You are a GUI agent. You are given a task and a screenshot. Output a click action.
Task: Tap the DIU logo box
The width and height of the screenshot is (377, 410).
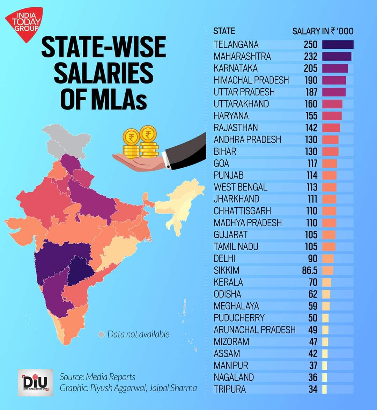35,382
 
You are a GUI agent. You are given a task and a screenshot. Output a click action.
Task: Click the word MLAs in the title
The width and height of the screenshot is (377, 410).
103,99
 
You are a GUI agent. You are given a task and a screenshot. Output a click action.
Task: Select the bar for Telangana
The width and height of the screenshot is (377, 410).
338,44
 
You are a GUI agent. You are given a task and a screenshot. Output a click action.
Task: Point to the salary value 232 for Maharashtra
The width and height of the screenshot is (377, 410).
310,56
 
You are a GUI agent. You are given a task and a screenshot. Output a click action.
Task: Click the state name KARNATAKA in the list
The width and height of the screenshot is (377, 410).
235,68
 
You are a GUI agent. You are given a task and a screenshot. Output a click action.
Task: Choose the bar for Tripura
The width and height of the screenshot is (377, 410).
324,389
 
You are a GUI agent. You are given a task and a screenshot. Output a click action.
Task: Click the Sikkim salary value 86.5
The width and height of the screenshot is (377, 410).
309,270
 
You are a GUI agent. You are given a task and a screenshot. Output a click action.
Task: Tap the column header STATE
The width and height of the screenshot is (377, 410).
224,31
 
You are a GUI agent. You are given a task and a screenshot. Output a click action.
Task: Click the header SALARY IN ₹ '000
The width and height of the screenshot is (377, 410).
323,31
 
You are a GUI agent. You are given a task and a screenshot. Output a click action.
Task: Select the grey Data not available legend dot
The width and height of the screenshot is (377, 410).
101,335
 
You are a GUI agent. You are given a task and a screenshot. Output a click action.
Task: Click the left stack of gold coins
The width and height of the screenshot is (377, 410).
131,144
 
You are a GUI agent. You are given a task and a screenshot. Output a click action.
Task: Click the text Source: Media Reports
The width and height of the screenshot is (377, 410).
97,377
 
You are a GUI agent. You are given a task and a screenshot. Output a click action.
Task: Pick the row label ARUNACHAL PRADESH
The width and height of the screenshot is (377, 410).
254,330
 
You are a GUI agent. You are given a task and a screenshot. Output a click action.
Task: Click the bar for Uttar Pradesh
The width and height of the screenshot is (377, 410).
334,92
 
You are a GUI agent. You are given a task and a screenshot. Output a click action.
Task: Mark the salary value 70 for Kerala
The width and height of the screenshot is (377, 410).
313,282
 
